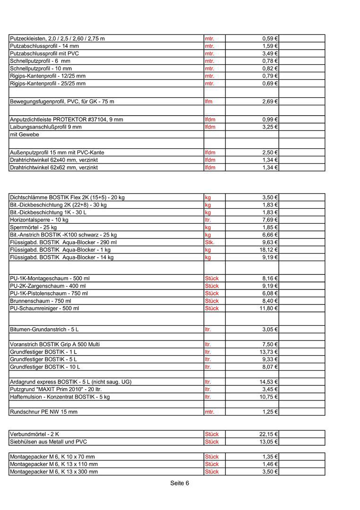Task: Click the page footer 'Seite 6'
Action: [x=179, y=483]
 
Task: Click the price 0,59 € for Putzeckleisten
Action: [x=270, y=38]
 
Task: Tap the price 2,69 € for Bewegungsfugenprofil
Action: [x=270, y=102]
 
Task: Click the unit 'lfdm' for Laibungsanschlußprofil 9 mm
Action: [x=210, y=127]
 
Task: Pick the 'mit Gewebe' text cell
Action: [x=25, y=135]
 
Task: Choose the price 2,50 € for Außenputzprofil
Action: [x=270, y=153]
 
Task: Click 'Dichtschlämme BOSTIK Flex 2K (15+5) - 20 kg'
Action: [x=67, y=197]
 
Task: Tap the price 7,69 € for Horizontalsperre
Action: [x=270, y=220]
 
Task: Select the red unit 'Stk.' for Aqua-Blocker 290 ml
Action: [x=209, y=242]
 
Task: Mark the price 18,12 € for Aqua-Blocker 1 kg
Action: [x=268, y=250]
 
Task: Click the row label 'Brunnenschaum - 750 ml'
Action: [x=41, y=301]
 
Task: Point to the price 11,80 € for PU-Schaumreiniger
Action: [x=268, y=308]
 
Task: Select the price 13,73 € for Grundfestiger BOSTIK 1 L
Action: [x=268, y=352]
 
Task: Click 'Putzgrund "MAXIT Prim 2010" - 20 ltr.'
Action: [x=56, y=389]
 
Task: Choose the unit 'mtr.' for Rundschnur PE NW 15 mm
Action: [x=209, y=412]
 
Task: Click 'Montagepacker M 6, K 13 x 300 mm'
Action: [x=54, y=472]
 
